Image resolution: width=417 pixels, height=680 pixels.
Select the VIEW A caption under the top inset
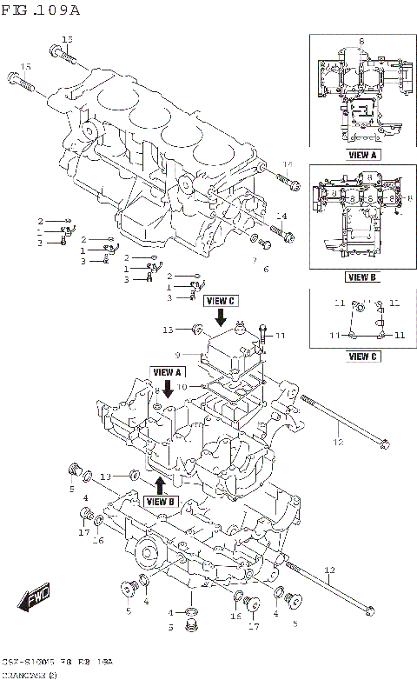click(361, 155)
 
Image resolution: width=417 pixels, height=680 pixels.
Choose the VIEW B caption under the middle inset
click(361, 277)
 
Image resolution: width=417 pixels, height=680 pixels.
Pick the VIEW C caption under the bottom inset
click(361, 356)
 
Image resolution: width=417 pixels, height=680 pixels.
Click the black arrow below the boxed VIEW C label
click(221, 319)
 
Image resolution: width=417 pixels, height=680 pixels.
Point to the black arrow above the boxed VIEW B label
click(161, 484)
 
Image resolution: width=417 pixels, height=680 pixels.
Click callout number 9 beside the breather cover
click(176, 355)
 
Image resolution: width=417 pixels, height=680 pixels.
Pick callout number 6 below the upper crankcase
click(267, 269)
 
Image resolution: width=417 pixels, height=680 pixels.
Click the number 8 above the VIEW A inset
click(361, 41)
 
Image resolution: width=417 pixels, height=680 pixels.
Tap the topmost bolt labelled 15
click(57, 53)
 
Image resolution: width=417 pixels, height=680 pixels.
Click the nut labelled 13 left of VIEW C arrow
click(198, 330)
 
